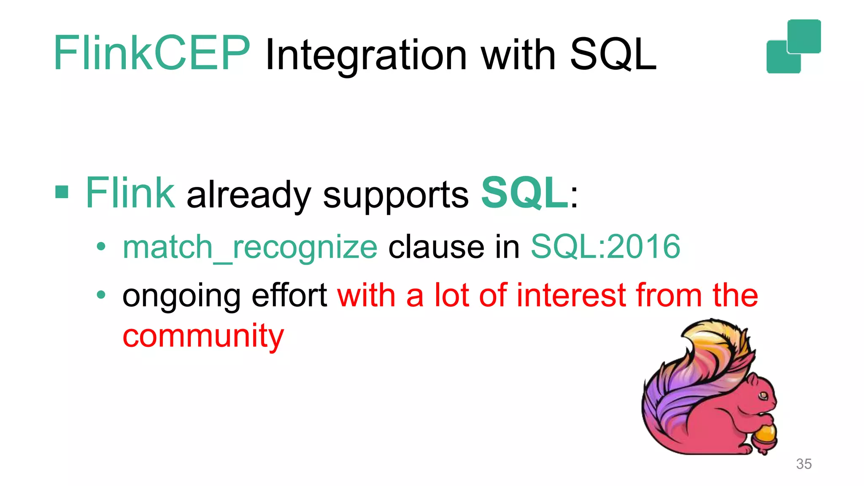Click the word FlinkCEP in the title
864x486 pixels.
pos(152,54)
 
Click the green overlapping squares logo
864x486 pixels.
pos(794,46)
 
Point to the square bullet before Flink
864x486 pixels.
pos(62,192)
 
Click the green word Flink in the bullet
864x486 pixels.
pos(130,193)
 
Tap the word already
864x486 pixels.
pos(248,195)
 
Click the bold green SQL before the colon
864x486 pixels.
pos(524,193)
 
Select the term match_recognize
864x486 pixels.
pos(250,248)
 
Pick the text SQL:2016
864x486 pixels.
pos(605,247)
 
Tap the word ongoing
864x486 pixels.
pos(181,296)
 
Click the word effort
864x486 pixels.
pos(289,295)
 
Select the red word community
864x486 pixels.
pos(203,336)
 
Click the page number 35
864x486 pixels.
pos(804,464)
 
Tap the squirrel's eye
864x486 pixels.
pos(763,396)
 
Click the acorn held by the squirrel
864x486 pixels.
pos(765,437)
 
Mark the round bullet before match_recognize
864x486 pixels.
pos(101,247)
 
